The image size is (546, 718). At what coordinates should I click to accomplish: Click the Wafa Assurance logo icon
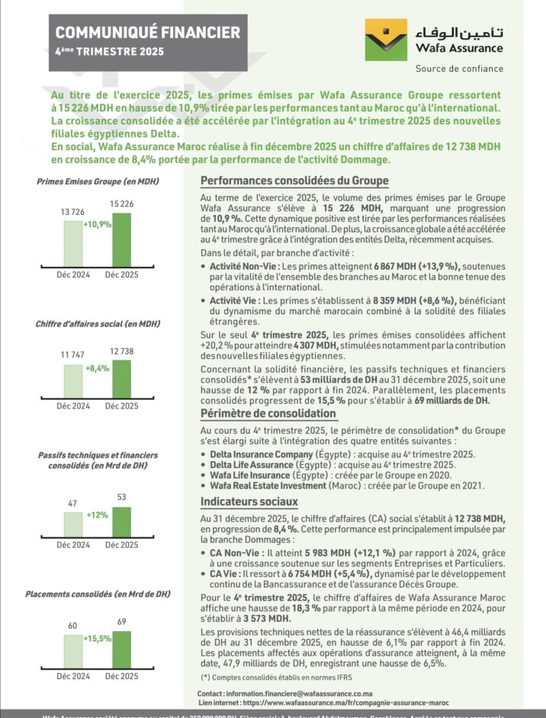coord(387,39)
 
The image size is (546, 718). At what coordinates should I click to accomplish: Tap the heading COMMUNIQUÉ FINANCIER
coord(148,32)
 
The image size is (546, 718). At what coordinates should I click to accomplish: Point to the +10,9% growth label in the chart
coord(98,225)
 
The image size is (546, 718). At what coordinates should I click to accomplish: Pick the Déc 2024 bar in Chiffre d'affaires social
coord(72,381)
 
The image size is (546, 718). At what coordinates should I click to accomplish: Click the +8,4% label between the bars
coord(98,368)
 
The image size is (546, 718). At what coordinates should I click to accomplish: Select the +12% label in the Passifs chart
coord(97,514)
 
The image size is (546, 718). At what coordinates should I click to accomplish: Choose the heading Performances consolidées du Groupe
coord(294,181)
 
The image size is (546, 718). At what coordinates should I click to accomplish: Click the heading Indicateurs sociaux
coord(249,502)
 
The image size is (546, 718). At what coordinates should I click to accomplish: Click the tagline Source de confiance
coord(459,69)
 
